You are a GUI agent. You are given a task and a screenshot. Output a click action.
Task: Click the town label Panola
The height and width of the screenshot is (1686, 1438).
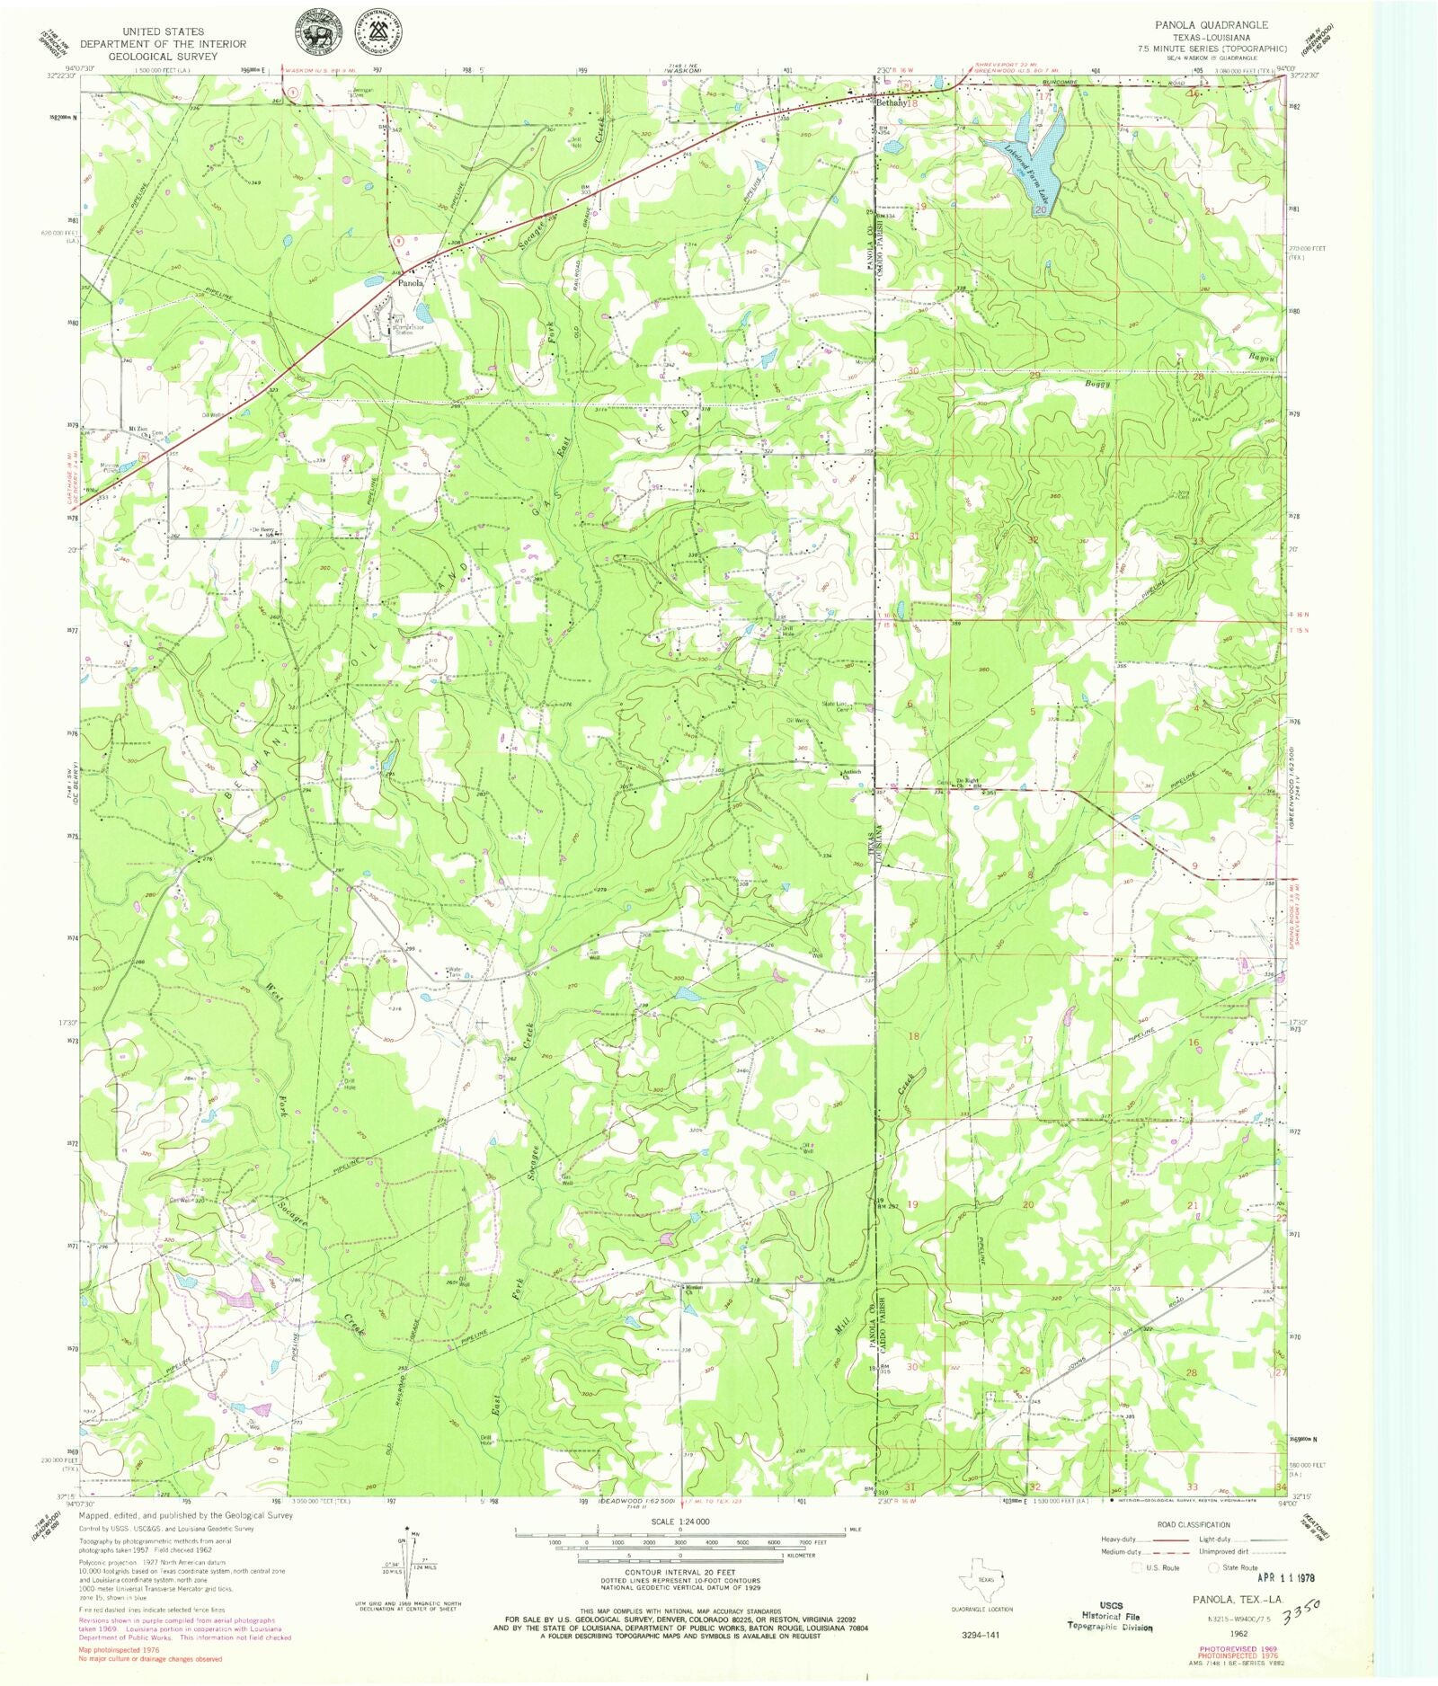(x=411, y=282)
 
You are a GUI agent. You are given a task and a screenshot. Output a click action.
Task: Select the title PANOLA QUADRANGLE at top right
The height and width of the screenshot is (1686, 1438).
(x=1211, y=25)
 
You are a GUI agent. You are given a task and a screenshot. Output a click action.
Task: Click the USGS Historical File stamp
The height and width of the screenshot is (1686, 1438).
(x=1110, y=1615)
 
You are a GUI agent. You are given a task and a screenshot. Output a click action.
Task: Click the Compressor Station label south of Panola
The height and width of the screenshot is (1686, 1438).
(x=411, y=326)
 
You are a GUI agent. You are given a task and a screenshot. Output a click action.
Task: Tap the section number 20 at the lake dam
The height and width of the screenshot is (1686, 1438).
(x=1040, y=209)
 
